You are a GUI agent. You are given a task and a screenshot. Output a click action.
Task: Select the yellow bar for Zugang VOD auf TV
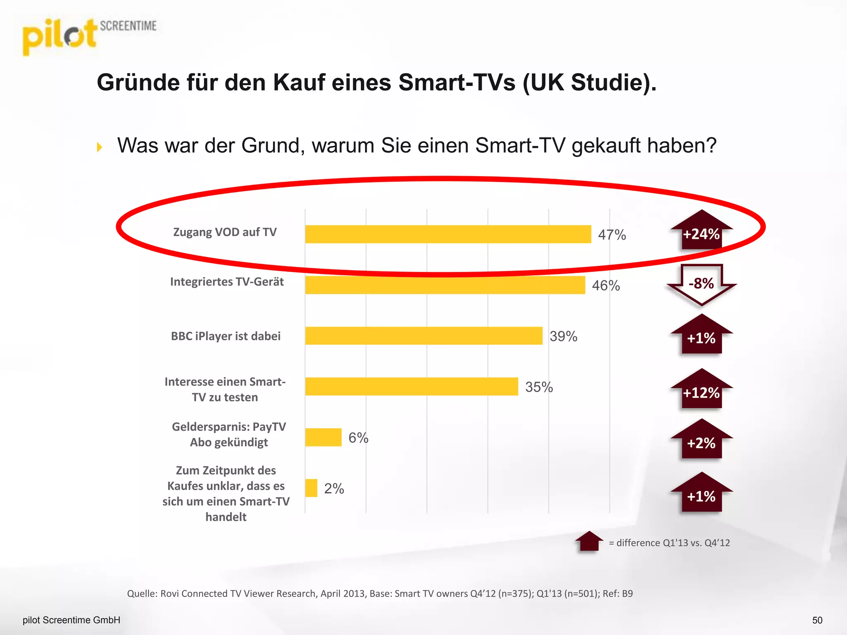[447, 234]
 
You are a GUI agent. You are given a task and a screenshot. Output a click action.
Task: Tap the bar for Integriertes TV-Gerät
[445, 285]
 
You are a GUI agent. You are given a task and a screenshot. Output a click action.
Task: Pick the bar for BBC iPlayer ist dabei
[423, 336]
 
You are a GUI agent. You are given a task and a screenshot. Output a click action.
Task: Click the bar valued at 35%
[411, 387]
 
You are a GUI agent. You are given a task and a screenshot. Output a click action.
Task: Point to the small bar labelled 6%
[323, 437]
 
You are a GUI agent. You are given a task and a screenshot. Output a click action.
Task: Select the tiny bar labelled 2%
[311, 488]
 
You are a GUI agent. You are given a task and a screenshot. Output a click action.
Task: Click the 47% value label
[612, 235]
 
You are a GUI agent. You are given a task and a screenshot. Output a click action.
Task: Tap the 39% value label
[563, 337]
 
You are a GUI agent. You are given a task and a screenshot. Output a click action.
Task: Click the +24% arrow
[701, 232]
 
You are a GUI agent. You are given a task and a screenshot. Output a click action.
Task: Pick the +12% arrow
[701, 390]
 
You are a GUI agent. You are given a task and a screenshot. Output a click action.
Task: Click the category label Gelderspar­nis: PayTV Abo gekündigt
[229, 434]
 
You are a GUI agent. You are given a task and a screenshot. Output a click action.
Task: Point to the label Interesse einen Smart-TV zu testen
[225, 389]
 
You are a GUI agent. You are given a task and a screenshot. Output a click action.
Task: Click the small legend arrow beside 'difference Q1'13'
[589, 541]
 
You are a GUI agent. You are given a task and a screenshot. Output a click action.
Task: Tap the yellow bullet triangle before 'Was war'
[100, 147]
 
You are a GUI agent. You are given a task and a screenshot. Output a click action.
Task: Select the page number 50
[817, 620]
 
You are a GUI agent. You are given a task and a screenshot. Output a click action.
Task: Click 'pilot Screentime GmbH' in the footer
[72, 620]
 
